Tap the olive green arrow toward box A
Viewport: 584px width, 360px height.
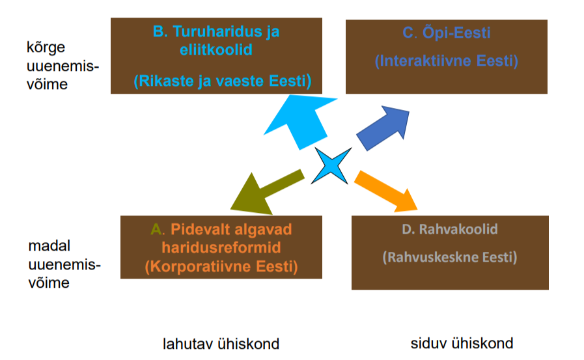tap(266, 193)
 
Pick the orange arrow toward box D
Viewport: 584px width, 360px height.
tap(385, 191)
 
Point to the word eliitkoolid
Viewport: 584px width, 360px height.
tap(216, 49)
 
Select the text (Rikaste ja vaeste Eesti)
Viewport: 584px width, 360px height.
tap(223, 81)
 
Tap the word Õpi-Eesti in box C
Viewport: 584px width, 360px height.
tap(456, 33)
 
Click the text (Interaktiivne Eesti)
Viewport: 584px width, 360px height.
tap(447, 61)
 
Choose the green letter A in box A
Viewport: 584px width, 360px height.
tap(156, 229)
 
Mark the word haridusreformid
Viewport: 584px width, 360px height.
tap(221, 247)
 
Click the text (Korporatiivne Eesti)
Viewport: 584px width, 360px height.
tap(221, 266)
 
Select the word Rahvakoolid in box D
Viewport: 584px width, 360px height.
tap(458, 229)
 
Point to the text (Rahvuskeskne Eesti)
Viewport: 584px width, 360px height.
tap(450, 257)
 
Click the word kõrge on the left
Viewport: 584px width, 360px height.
tap(46, 48)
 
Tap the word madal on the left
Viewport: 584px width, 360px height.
tap(49, 246)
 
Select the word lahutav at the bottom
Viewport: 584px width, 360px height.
tap(188, 344)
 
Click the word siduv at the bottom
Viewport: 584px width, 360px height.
tap(428, 343)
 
